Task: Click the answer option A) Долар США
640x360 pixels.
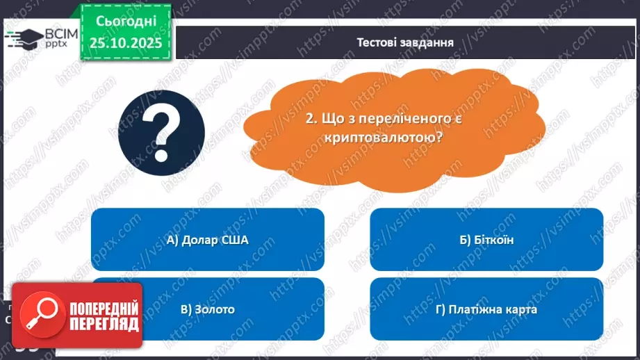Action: pos(207,240)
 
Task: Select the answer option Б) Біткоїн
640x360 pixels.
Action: pos(486,240)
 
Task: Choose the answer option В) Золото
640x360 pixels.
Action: pos(207,309)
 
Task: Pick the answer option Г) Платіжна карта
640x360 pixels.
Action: pos(486,309)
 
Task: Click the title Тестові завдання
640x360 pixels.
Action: pos(405,42)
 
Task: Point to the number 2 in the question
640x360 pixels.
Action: pos(310,119)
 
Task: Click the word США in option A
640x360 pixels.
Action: pos(233,240)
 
